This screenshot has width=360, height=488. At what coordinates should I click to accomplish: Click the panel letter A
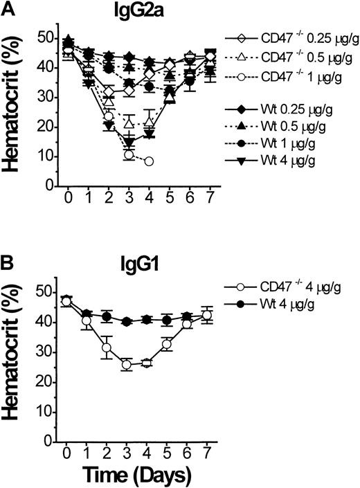coord(9,9)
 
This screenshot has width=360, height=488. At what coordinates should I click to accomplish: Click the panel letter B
coord(9,265)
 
